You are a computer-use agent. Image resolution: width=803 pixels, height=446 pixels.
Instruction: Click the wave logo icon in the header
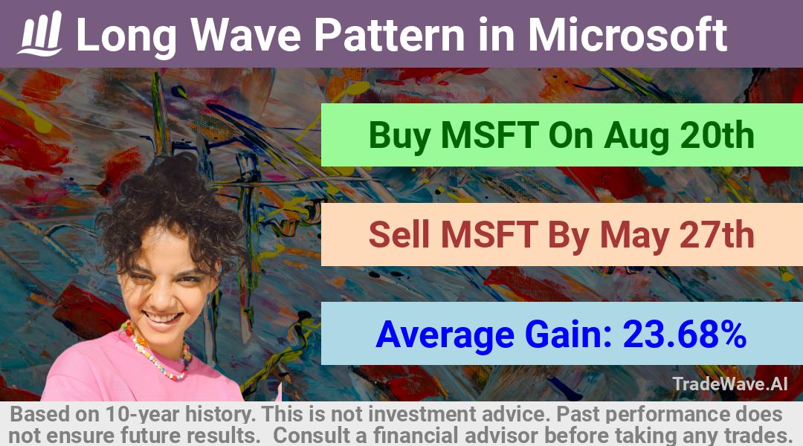(40, 33)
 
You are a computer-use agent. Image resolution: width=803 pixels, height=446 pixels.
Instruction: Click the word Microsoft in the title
(628, 34)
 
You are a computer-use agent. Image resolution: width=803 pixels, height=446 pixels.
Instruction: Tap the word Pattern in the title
(390, 34)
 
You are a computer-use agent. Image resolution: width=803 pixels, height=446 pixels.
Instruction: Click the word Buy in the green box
(399, 136)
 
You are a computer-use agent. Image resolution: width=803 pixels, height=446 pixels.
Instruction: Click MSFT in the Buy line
(489, 136)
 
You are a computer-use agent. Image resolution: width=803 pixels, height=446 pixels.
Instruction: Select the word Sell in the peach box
(399, 234)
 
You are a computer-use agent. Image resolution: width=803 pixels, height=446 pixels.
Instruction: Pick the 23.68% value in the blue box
(684, 334)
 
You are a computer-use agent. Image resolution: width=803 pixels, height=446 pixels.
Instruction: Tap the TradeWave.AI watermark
(730, 384)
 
